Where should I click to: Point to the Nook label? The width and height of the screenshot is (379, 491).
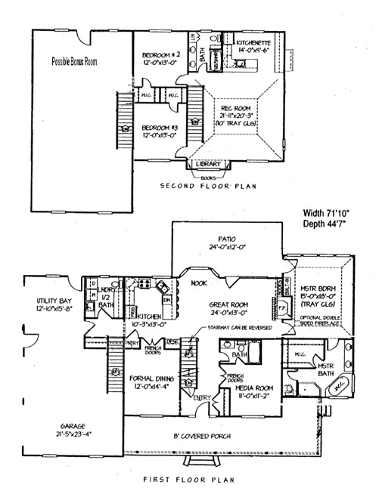pos(200,283)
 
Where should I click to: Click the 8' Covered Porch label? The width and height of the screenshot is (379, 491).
pos(213,437)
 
